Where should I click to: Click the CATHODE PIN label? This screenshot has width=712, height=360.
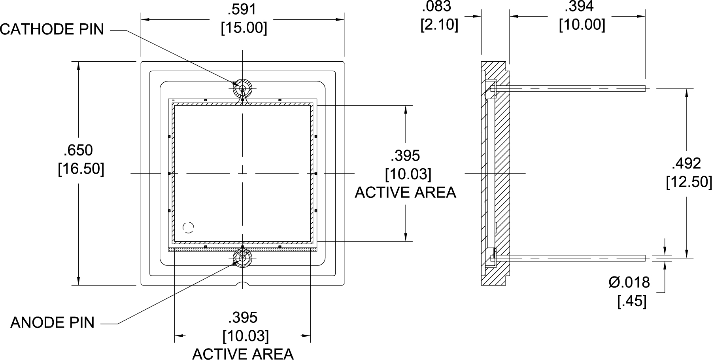(x=52, y=29)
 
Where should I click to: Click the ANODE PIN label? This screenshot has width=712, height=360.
(x=53, y=323)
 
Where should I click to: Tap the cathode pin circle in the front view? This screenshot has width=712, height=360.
(x=242, y=88)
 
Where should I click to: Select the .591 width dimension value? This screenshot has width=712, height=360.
(x=243, y=10)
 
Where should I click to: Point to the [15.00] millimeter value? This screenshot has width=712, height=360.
(x=244, y=28)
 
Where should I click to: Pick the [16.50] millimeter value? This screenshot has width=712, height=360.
(x=81, y=169)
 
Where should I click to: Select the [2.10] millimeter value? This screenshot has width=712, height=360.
(x=439, y=25)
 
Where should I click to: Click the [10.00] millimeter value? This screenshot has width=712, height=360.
(x=582, y=25)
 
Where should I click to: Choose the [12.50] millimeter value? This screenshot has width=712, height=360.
(x=689, y=182)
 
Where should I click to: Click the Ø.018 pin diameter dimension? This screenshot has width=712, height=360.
(x=629, y=282)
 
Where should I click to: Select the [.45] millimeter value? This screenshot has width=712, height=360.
(x=632, y=301)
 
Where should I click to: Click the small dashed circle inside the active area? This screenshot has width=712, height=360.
(x=189, y=227)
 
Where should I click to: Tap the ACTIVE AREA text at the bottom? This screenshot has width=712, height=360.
(x=243, y=354)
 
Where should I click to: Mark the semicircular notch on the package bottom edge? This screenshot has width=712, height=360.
(x=242, y=284)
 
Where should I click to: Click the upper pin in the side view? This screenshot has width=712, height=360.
(x=569, y=89)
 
